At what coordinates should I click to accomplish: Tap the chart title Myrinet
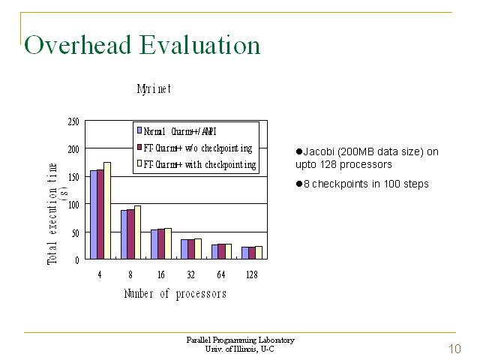tap(154, 89)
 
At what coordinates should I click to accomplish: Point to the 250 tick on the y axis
tap(73, 121)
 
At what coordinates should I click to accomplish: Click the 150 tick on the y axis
tap(73, 177)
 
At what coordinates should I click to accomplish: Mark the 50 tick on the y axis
tap(75, 233)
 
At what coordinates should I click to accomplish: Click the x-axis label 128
tap(252, 274)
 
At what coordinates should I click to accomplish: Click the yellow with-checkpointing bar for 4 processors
tap(107, 211)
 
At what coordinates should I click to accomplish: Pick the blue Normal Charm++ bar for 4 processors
tap(94, 214)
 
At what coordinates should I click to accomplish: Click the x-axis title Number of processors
tap(175, 294)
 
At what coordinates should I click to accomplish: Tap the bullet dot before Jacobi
tap(298, 151)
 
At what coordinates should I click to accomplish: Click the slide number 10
tap(454, 348)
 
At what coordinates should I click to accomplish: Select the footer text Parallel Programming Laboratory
tap(240, 340)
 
